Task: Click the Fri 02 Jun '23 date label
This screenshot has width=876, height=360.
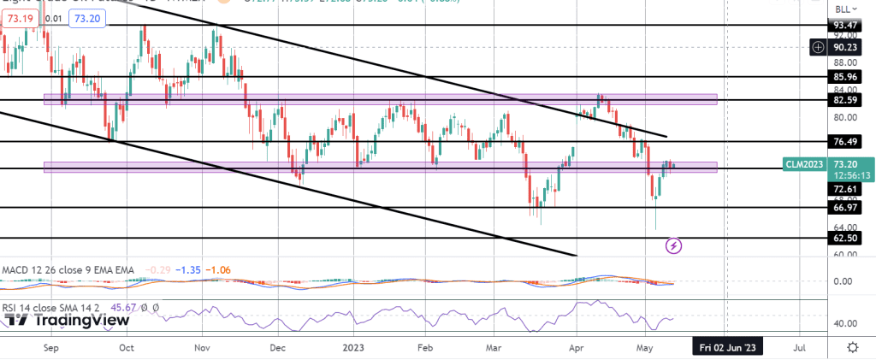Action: [726, 348]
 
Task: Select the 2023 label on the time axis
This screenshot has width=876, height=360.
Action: [352, 348]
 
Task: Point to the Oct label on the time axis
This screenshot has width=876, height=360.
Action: [126, 348]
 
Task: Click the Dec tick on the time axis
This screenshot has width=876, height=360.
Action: [276, 348]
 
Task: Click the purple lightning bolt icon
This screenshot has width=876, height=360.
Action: [674, 246]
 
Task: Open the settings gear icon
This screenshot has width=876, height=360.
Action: [852, 348]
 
